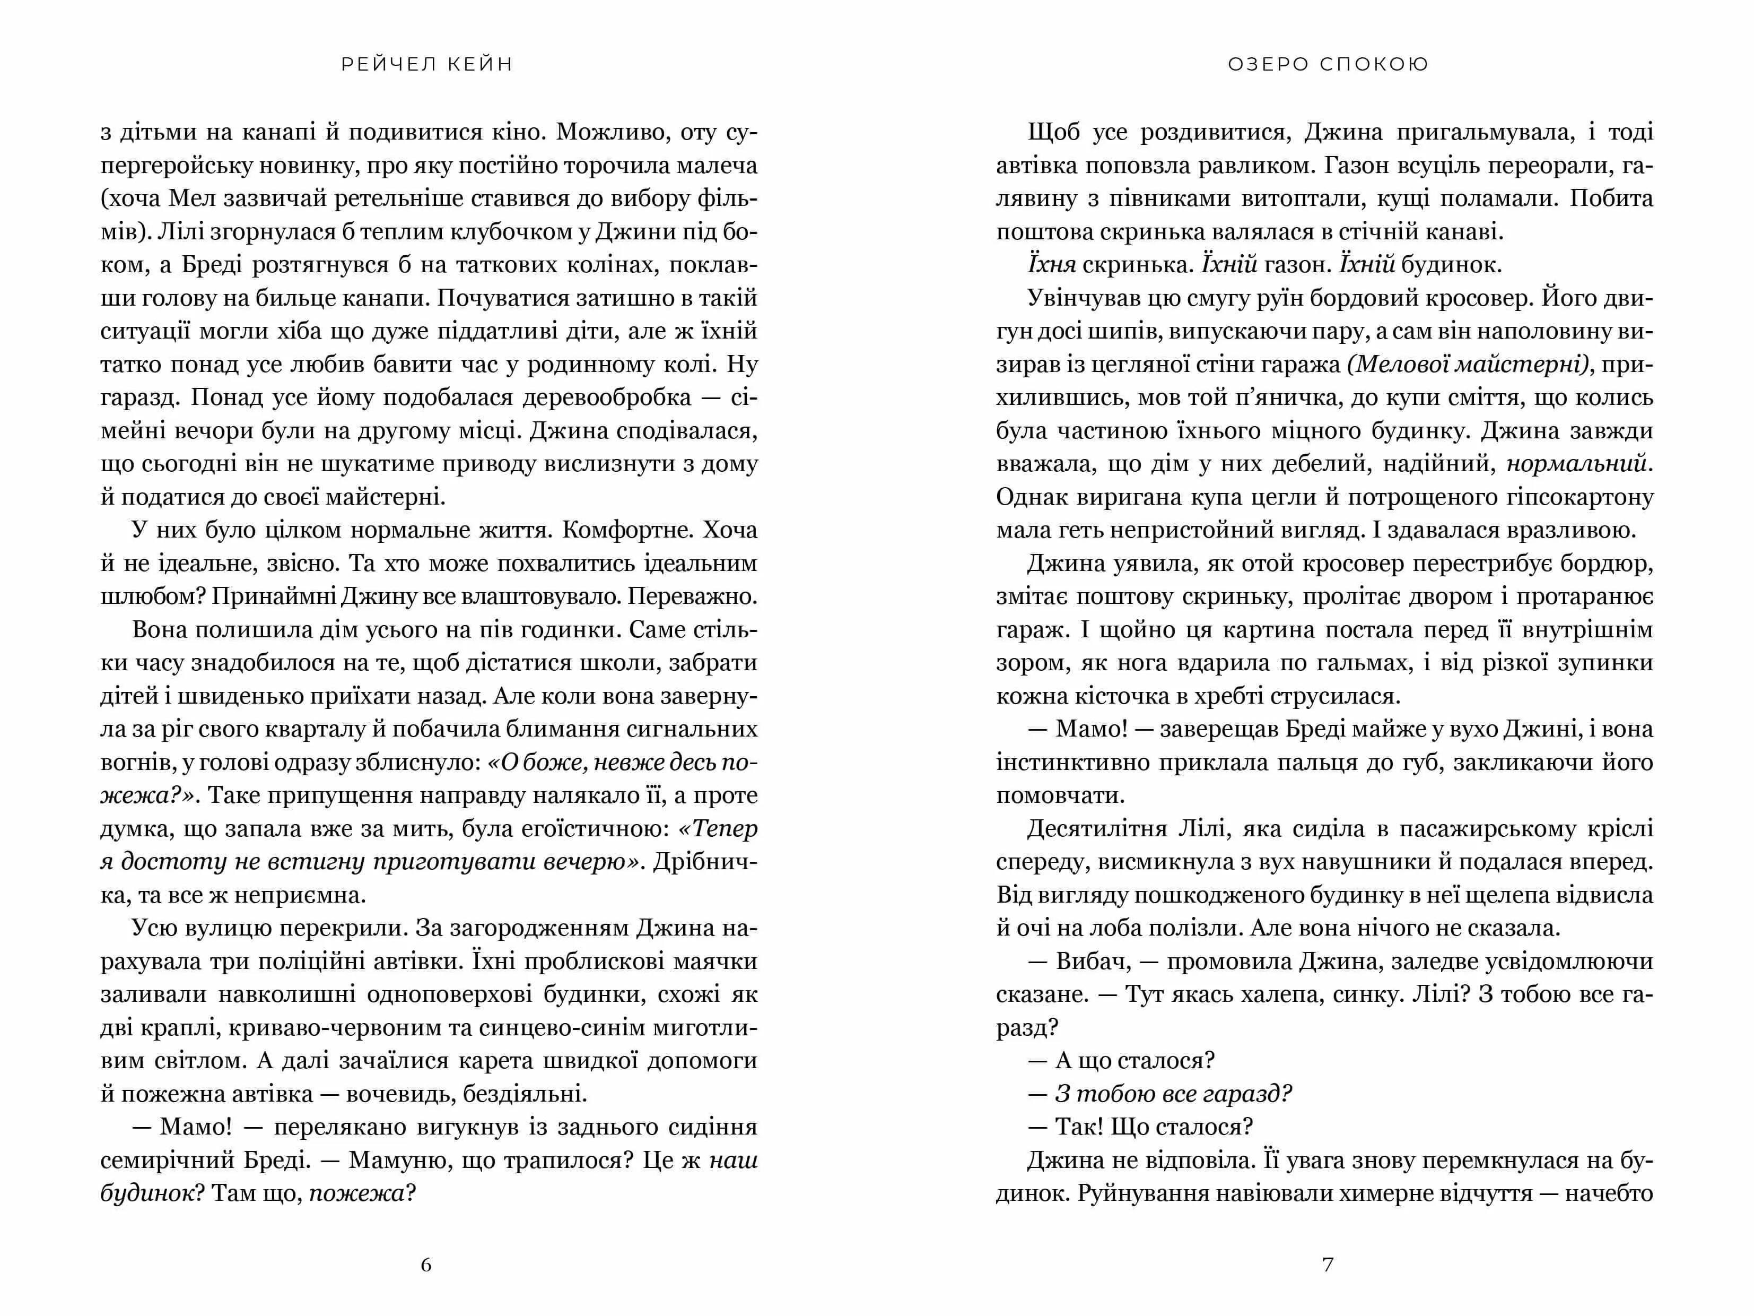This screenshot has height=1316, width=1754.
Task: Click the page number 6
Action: coord(426,1265)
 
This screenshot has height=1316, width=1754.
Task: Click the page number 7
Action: coord(1328,1265)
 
